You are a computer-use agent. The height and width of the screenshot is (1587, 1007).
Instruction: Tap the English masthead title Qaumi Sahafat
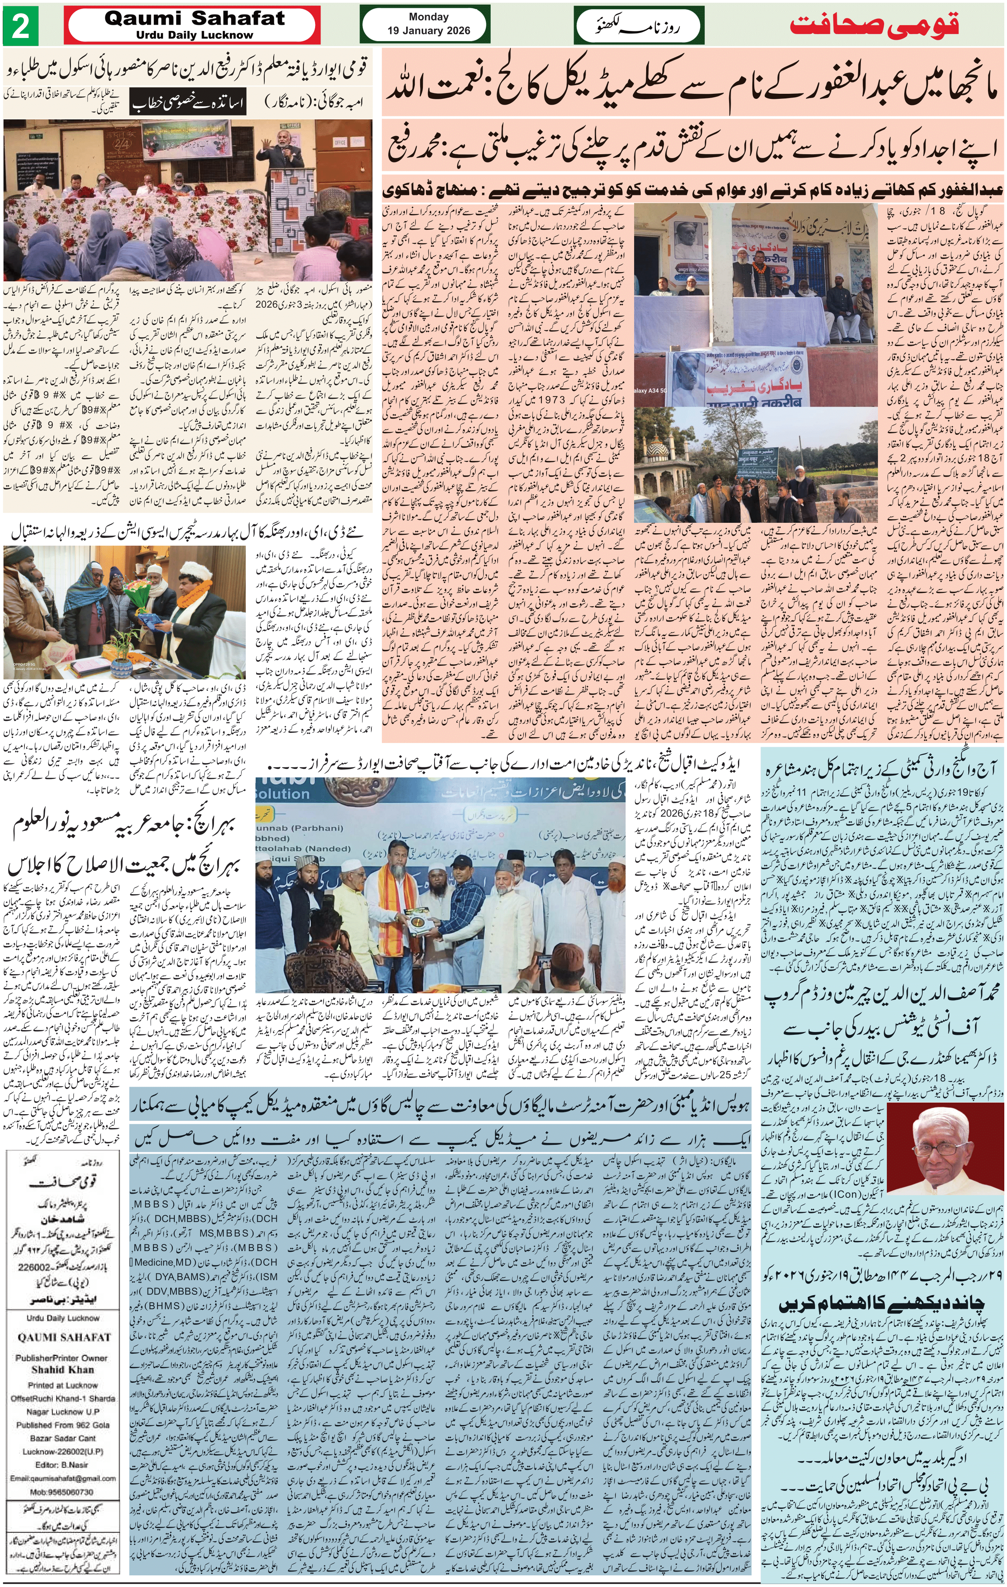click(195, 19)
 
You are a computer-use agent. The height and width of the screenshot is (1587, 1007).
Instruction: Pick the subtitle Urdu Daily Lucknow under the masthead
click(195, 35)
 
